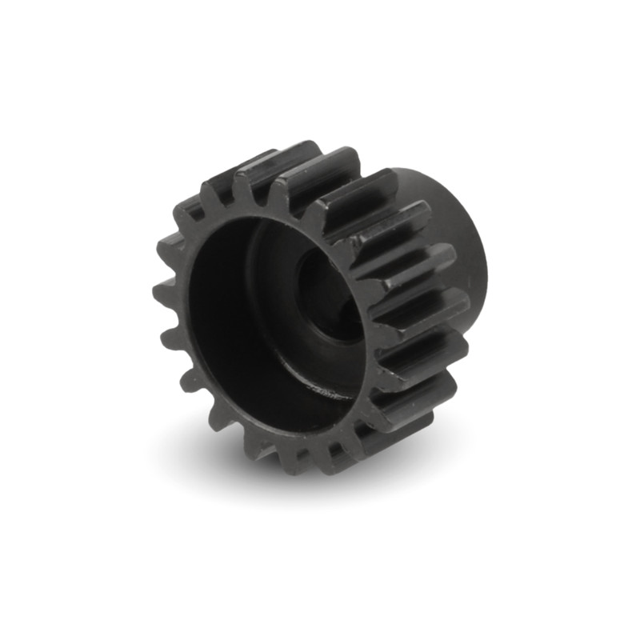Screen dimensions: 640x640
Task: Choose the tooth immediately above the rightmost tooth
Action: click(x=416, y=264)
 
